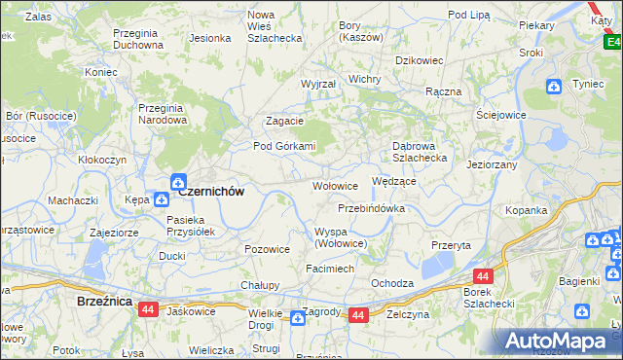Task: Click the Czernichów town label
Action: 209,193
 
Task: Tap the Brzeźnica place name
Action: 104,303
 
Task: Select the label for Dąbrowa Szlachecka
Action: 419,151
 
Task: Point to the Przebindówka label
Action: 371,208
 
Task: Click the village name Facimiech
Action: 329,267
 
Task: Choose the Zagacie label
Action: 285,122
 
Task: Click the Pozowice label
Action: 268,249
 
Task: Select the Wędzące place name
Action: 394,181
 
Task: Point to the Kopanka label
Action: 553,210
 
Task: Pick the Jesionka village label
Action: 209,39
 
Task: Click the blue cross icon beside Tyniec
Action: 553,87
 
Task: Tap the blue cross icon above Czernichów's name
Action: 179,180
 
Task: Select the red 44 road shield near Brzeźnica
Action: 148,308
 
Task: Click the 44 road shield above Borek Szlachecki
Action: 484,276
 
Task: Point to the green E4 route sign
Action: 610,42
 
